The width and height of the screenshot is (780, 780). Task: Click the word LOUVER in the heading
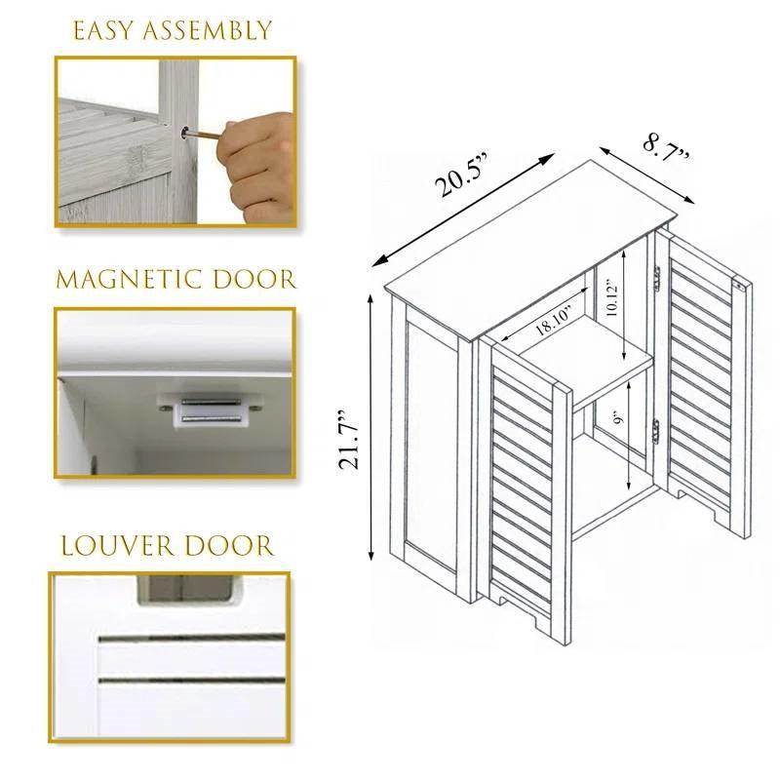[x=110, y=545]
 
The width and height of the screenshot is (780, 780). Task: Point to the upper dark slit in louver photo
[x=191, y=639]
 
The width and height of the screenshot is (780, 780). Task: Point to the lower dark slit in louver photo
[x=191, y=678]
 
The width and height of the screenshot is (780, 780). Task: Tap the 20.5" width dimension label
[x=464, y=177]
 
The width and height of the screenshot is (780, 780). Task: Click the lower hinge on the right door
[x=658, y=429]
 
